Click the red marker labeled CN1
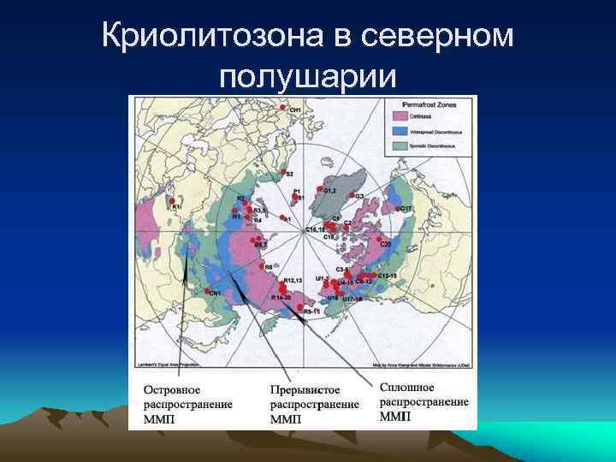(x=205, y=292)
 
